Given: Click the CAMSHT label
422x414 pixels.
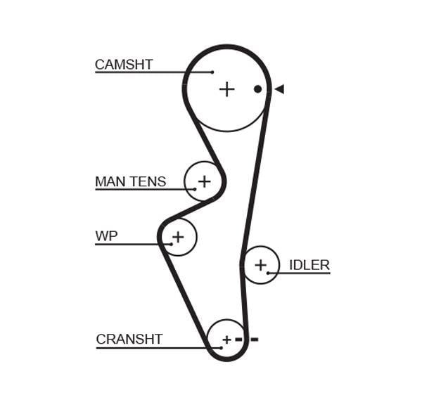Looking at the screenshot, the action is pyautogui.click(x=124, y=65).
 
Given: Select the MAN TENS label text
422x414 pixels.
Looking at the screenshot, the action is pyautogui.click(x=131, y=181).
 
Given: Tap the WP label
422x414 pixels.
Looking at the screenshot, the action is pyautogui.click(x=106, y=236).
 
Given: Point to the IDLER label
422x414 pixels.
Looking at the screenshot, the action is pyautogui.click(x=309, y=265).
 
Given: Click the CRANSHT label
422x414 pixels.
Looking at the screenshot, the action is pyautogui.click(x=129, y=339).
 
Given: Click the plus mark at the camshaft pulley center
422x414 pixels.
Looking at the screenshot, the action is pyautogui.click(x=227, y=89).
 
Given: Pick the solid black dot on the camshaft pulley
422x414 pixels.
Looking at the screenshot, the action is pyautogui.click(x=257, y=89).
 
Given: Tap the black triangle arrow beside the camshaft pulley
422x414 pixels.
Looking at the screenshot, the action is pyautogui.click(x=279, y=89).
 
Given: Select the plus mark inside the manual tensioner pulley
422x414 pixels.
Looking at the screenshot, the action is pyautogui.click(x=205, y=181).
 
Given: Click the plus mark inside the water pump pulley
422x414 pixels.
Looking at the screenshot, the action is pyautogui.click(x=178, y=237).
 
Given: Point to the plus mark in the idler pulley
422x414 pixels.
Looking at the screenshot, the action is pyautogui.click(x=260, y=265).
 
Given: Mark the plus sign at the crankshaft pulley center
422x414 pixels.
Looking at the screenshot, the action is pyautogui.click(x=227, y=339).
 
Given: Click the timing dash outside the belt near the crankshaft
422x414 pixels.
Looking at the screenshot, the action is pyautogui.click(x=255, y=339).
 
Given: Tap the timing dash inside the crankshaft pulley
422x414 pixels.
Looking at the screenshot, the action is pyautogui.click(x=238, y=339).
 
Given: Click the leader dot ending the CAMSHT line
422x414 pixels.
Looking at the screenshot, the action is pyautogui.click(x=212, y=72).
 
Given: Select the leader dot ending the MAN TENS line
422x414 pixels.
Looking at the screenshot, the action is pyautogui.click(x=195, y=189).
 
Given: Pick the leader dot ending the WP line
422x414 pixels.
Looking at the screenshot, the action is pyautogui.click(x=172, y=245).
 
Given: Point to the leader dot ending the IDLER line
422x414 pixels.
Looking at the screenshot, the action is pyautogui.click(x=268, y=273).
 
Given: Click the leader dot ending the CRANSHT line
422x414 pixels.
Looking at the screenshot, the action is pyautogui.click(x=222, y=348).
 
